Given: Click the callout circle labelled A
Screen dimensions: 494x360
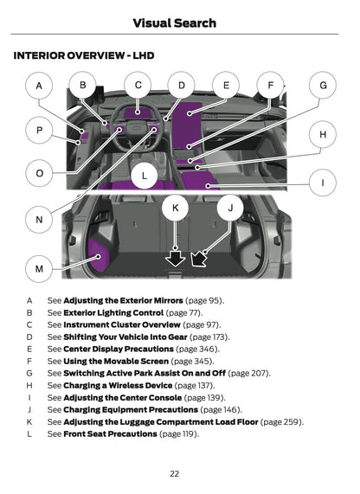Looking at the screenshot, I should [39, 87].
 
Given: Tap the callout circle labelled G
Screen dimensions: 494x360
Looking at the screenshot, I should [323, 87].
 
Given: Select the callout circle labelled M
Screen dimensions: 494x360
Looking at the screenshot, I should [39, 269].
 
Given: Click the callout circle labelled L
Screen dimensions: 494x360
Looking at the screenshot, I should [145, 176].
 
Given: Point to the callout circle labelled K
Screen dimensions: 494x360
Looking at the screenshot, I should [176, 209].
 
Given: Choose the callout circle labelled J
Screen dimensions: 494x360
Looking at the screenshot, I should [230, 209].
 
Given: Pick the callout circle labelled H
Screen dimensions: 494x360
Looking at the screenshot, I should [323, 135].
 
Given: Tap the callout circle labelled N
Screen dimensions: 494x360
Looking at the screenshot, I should [39, 221].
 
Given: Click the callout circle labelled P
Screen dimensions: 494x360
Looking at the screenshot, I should [39, 130].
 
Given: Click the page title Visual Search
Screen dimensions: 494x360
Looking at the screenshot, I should [180, 23].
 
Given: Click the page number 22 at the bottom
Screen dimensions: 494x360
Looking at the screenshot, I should [175, 473].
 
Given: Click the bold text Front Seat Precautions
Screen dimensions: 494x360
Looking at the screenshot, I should [110, 433].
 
